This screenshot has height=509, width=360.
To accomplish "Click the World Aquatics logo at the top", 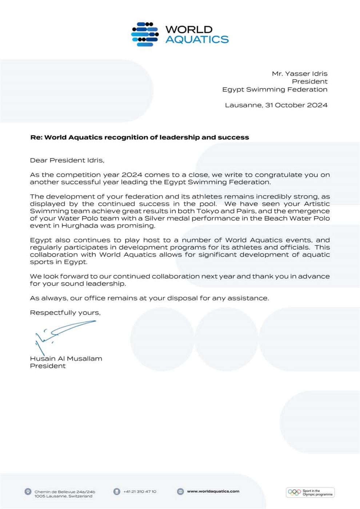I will [180, 35].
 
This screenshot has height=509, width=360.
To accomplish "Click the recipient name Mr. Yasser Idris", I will [299, 73].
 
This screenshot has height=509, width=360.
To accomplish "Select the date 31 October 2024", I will [296, 105].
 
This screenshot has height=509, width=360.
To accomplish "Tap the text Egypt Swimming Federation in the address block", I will [275, 89].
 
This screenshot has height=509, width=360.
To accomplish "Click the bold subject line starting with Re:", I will [139, 137].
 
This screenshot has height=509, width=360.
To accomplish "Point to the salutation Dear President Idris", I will [67, 160].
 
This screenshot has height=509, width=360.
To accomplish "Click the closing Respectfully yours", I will [65, 313].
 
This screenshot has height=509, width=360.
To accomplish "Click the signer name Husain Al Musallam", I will [66, 358].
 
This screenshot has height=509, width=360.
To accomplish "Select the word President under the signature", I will [48, 366].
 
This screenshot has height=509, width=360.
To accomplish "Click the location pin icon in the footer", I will [28, 492].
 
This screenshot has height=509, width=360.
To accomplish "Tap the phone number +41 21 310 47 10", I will [140, 492].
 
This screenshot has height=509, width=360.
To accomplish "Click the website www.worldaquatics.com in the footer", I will [213, 492].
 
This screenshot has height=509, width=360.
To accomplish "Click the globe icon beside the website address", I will [180, 492].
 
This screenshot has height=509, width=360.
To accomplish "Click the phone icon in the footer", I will [117, 492].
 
